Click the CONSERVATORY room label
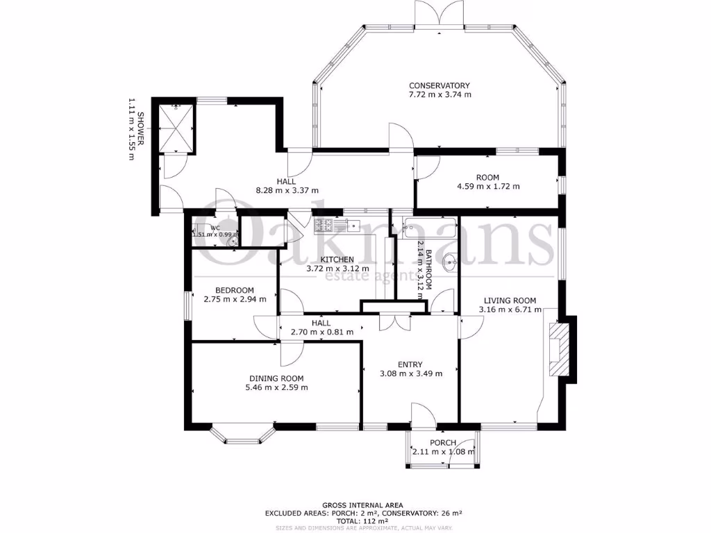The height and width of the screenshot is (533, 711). [440, 85]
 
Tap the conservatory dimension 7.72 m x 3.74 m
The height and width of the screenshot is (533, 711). [440, 94]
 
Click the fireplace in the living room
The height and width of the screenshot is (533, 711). [560, 348]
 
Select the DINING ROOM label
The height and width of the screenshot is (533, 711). [276, 378]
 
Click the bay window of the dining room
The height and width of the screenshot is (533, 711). [243, 434]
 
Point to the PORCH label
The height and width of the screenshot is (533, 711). [443, 443]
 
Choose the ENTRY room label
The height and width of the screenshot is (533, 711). [410, 365]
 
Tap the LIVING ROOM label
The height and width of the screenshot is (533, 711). [510, 301]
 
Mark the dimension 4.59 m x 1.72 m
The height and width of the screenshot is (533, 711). [488, 186]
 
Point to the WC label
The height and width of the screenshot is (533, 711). [215, 227]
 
